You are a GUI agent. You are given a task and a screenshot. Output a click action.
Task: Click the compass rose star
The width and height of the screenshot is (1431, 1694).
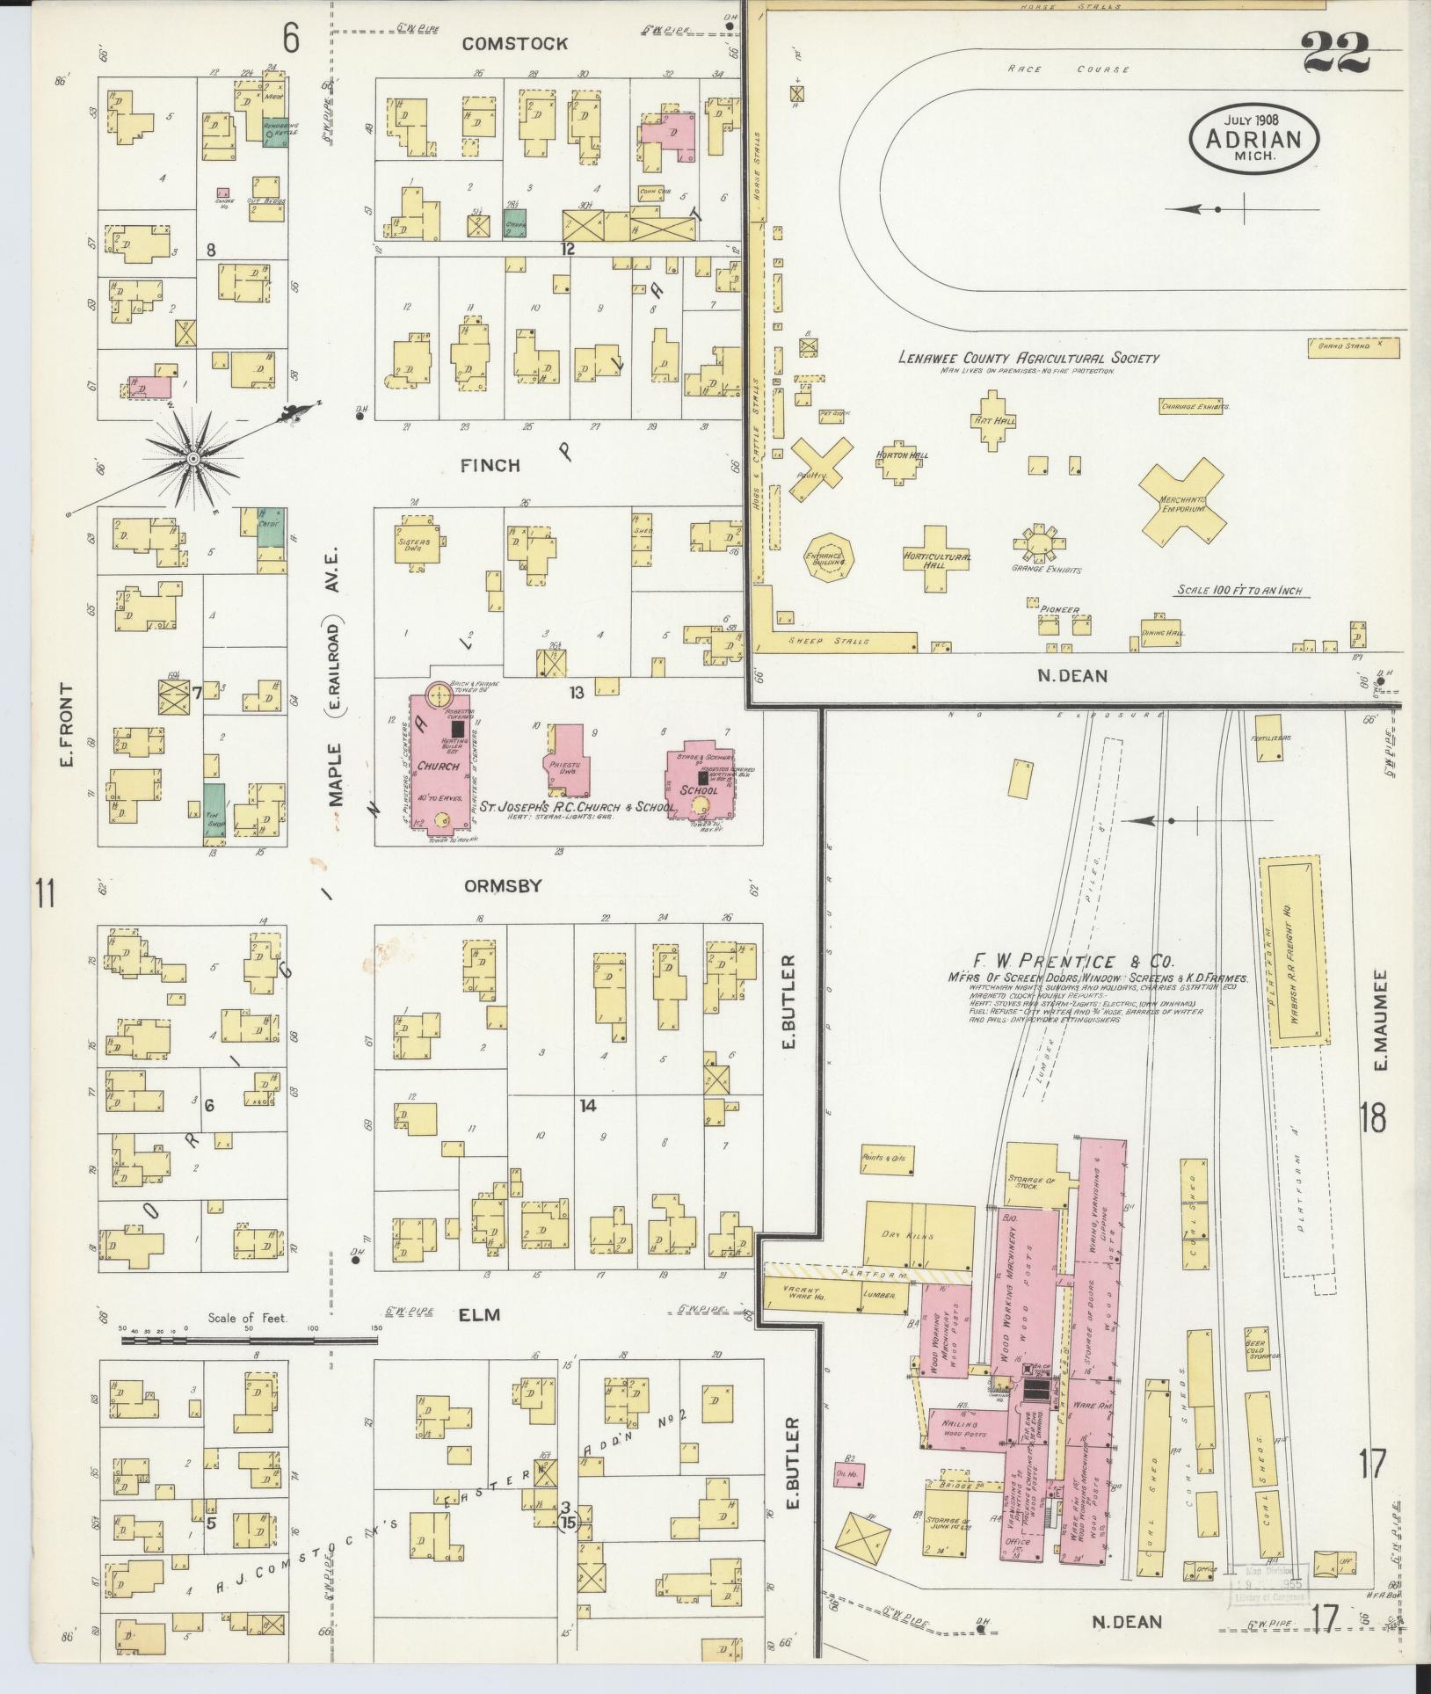(192, 459)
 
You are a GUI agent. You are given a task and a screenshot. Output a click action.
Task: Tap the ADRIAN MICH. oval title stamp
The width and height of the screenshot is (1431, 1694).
(1253, 140)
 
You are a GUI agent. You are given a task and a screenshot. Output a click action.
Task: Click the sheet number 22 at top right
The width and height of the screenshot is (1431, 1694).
(1337, 53)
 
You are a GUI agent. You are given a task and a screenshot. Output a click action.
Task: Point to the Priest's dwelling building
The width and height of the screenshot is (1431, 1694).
(566, 761)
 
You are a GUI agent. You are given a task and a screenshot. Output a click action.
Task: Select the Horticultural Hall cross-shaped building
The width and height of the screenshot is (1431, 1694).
(935, 559)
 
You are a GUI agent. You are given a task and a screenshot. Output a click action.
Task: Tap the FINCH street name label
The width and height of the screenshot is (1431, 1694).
(490, 465)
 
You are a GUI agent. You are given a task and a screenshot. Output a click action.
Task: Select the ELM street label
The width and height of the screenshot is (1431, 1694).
(480, 1314)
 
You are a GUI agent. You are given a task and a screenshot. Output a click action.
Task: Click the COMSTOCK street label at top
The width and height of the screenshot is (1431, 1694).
(515, 43)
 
